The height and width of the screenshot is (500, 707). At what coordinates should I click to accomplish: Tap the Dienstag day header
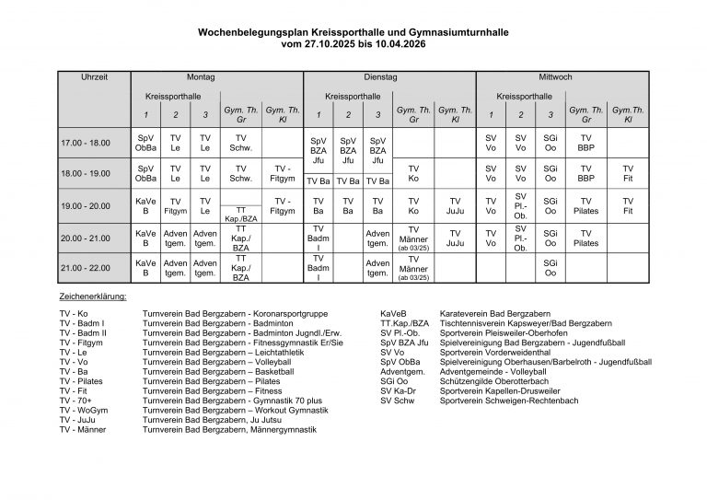380,78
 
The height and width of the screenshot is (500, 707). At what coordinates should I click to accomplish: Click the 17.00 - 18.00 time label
85,143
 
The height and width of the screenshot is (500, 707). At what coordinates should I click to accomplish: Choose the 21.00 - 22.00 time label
85,268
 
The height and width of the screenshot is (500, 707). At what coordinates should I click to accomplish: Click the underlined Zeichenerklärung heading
93,297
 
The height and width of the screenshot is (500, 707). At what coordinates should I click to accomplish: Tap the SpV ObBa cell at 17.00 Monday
145,143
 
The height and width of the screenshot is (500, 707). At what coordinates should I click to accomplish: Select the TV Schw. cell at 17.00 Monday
240,143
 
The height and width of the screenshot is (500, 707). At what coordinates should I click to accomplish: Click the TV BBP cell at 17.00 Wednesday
585,143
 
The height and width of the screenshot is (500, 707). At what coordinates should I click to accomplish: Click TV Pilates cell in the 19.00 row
585,205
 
